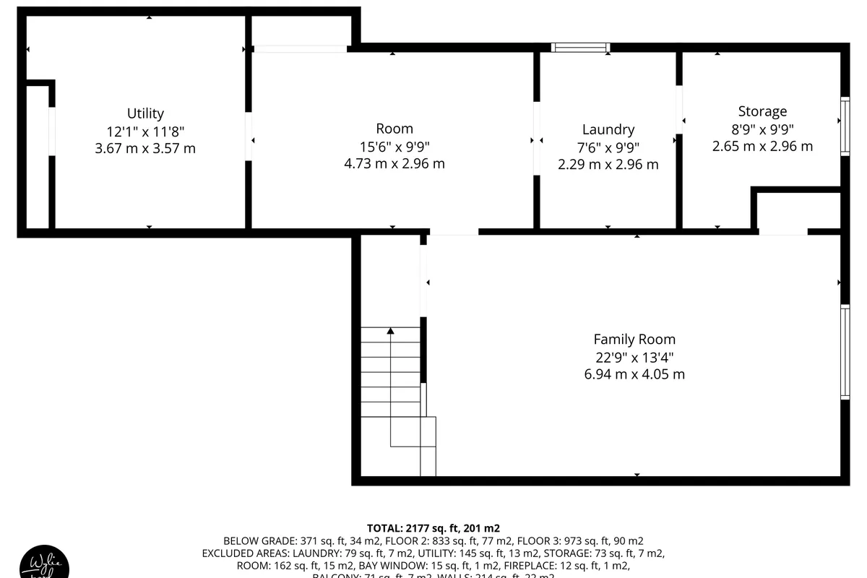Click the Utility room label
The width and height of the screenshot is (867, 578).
[x=145, y=113]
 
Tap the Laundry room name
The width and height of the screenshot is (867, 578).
[x=608, y=129]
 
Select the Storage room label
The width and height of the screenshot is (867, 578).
[x=762, y=111]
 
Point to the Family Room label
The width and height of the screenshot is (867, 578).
[x=634, y=339]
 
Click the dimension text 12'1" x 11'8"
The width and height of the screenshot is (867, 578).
[x=145, y=131]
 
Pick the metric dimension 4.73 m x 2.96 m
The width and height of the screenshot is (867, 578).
[x=394, y=164]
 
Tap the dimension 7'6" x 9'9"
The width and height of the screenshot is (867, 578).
[x=608, y=147]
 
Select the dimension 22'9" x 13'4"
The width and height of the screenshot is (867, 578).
[x=634, y=357]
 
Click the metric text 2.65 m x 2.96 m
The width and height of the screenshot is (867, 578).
[x=762, y=147]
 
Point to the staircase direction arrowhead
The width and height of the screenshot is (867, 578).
[x=390, y=331]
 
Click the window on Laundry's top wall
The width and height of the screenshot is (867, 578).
[x=580, y=48]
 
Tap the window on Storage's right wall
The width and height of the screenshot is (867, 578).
[x=844, y=126]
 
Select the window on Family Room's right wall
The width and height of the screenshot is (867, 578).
[x=844, y=352]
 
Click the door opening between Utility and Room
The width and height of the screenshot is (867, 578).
[x=249, y=137]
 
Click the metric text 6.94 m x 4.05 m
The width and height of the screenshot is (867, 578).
[x=634, y=374]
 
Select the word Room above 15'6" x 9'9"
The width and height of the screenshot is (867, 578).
[x=394, y=129]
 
